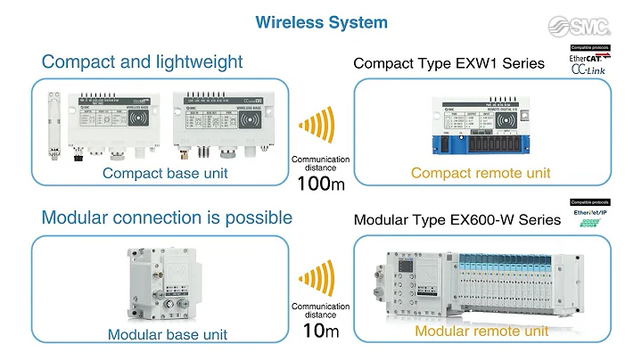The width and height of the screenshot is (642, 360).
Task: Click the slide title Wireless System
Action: click(x=322, y=21)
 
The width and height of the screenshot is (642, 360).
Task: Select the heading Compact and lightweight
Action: click(x=142, y=61)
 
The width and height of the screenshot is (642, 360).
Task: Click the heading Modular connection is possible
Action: click(x=167, y=217)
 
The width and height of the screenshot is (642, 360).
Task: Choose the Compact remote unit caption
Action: click(x=481, y=173)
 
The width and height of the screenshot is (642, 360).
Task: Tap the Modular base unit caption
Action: click(x=168, y=335)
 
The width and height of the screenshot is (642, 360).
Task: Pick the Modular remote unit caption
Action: click(x=481, y=331)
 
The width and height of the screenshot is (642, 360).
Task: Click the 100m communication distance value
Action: click(x=320, y=184)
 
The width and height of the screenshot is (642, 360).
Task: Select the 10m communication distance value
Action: click(x=321, y=331)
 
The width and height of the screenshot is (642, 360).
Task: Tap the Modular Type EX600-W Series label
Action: click(x=457, y=219)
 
